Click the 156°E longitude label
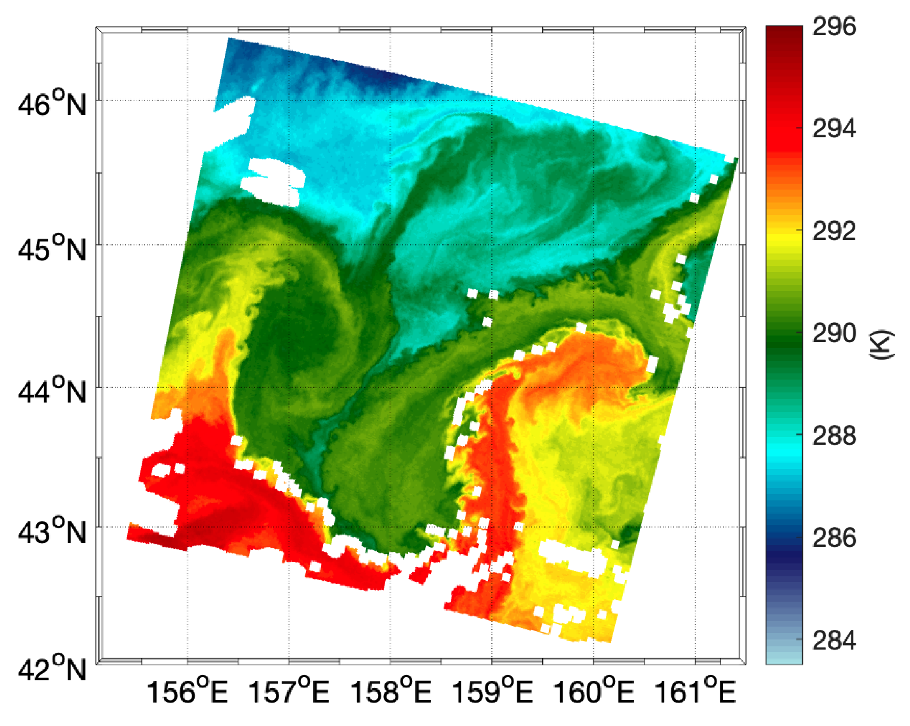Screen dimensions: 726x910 187,693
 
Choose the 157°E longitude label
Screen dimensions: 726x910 289,693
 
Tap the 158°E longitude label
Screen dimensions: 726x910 391,693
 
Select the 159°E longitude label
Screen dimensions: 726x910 492,693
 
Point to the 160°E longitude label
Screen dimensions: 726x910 593,693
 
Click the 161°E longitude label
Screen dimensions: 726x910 695,693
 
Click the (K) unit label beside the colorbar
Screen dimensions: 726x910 882,344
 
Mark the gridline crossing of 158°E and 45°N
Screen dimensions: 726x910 391,244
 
